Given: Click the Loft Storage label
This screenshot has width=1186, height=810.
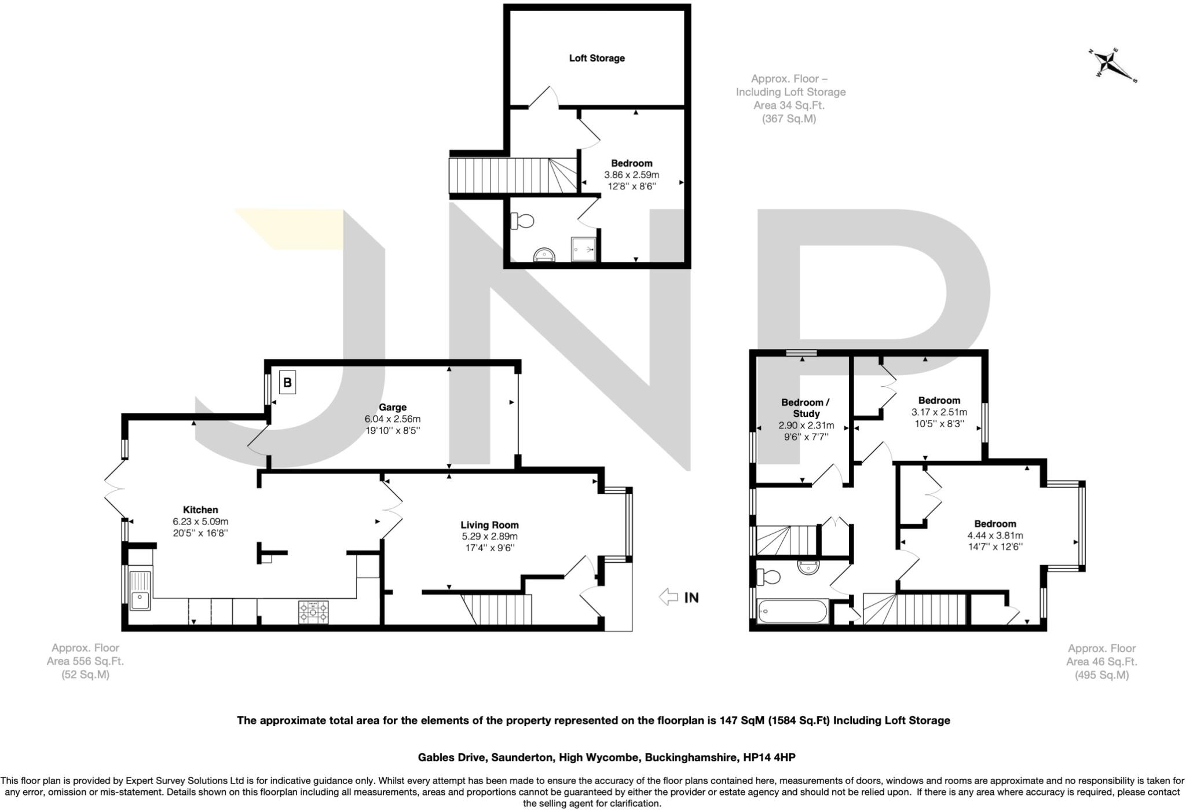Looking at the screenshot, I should pos(596,58).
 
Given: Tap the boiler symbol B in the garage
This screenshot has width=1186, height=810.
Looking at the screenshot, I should pos(287,383).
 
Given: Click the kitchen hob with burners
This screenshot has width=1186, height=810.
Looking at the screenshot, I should pos(313,613).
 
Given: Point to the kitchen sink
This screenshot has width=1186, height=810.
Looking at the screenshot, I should pos(140,591).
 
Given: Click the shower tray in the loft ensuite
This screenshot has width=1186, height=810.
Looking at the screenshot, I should pos(583,249).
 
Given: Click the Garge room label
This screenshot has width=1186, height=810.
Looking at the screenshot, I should pos(393,407).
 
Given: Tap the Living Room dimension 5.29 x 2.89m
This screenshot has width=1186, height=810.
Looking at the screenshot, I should pos(489,536).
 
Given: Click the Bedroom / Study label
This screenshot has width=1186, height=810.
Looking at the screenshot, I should pos(806,408).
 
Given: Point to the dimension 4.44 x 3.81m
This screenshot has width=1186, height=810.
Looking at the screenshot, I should pos(995,535).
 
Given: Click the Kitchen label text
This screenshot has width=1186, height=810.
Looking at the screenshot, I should pos(200,510).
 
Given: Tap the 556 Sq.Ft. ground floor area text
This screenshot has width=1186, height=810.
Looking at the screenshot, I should pos(85,661).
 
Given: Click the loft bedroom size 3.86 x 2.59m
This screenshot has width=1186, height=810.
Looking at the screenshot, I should pos(631,174).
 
